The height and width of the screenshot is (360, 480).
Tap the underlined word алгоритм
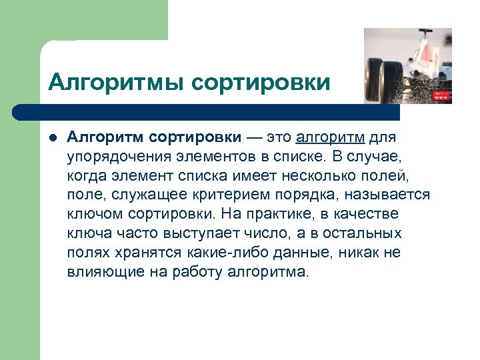(x=330, y=138)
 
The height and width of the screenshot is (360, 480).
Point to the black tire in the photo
(x=379, y=81)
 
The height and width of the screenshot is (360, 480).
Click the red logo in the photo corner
(x=441, y=96)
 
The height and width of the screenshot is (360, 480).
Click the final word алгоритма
(x=269, y=273)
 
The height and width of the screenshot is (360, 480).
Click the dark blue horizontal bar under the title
(x=207, y=111)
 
